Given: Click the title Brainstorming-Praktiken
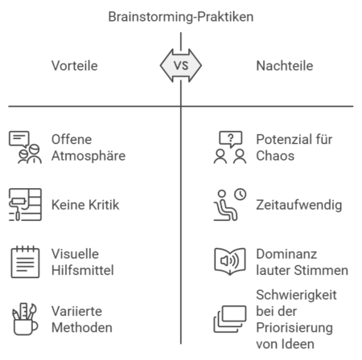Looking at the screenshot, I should (x=181, y=16).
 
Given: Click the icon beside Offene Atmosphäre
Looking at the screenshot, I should (x=26, y=147).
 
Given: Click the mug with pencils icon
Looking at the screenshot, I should (x=26, y=320).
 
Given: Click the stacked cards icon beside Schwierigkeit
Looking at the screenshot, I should (x=229, y=320).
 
